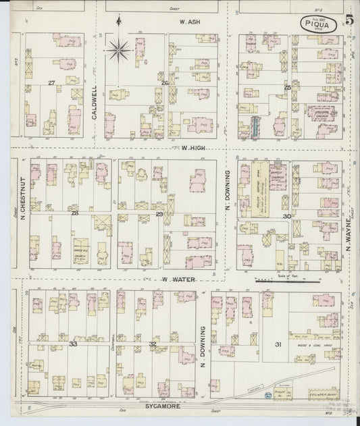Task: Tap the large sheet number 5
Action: pos(349,20)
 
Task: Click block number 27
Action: pos(51,82)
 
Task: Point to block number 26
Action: pos(164,82)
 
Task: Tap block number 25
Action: pos(287,87)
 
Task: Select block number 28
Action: pos(75,213)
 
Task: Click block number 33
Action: pos(73,344)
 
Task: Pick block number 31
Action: pos(278,345)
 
